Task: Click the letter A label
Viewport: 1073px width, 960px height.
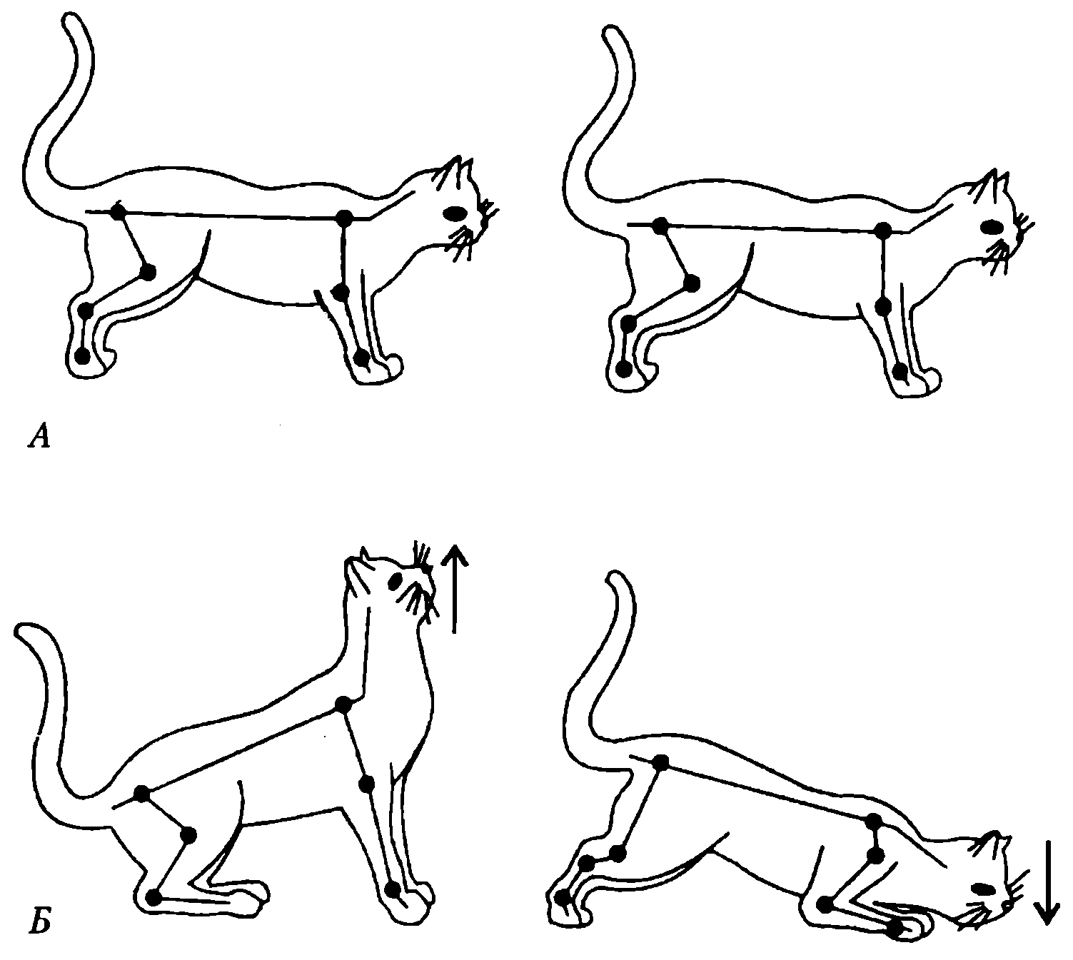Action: [x=39, y=438]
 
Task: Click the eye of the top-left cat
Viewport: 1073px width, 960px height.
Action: [x=455, y=213]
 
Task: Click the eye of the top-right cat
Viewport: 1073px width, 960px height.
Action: [x=992, y=227]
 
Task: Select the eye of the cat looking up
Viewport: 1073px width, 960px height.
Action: [x=395, y=582]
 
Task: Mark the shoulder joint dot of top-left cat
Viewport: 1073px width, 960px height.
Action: [x=346, y=217]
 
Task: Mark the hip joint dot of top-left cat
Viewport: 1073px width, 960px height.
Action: [x=118, y=212]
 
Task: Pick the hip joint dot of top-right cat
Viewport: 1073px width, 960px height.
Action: [x=660, y=225]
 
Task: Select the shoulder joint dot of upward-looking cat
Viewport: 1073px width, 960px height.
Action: [x=343, y=704]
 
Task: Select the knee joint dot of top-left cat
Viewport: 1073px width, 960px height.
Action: [x=148, y=272]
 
